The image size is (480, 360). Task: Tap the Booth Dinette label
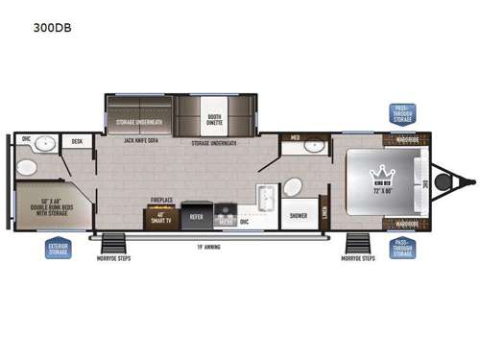pos(215,120)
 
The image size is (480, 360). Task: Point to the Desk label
pos(76,141)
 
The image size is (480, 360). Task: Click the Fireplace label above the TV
pos(160,201)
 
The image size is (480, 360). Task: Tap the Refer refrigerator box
pos(196,217)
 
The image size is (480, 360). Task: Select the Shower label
pos(299,216)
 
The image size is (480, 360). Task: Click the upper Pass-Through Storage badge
pos(401,113)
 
